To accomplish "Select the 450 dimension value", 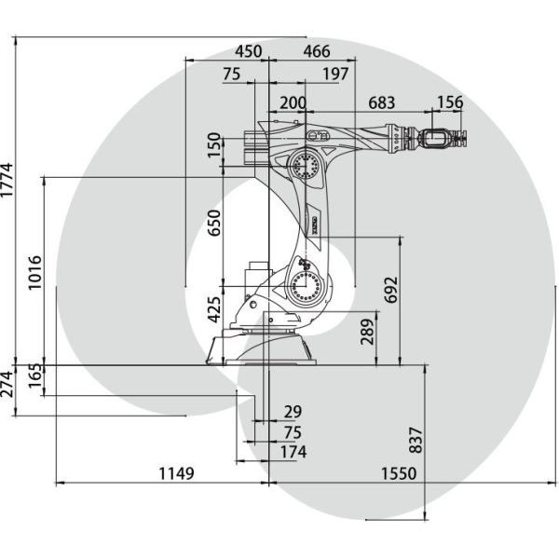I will click(248, 50).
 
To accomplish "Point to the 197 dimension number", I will click(335, 74).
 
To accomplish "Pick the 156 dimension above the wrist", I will click(450, 102).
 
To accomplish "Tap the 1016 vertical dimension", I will click(35, 272).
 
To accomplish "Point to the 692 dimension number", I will click(390, 292).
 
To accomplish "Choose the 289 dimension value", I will click(368, 332).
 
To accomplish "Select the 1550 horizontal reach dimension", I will click(398, 473).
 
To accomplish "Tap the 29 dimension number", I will click(293, 413).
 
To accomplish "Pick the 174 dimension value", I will click(293, 452).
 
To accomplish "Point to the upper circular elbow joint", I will click(306, 167).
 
